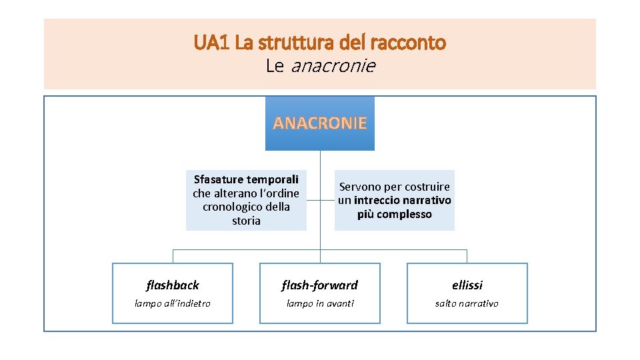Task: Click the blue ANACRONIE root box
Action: point(320,123)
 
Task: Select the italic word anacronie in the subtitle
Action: point(333,67)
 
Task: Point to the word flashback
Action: point(173,285)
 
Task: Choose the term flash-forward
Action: point(320,285)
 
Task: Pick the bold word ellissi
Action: point(467,285)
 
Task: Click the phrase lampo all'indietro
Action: point(173,303)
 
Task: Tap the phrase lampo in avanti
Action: point(320,303)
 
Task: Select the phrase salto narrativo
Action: point(467,303)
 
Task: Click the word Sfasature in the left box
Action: point(218,179)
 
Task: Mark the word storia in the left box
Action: point(246,221)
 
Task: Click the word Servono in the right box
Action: point(361,187)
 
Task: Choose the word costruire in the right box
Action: point(427,187)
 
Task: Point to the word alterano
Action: point(237,193)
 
